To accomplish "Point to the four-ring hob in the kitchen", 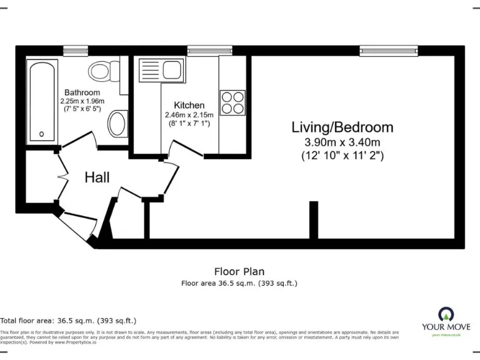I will [232, 102].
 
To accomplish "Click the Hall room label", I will [97, 177].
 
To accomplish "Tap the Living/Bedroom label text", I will [342, 127].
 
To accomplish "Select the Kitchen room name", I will [189, 105].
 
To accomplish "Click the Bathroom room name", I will [82, 92].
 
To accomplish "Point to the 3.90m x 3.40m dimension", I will [342, 142].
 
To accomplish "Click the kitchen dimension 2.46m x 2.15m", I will [189, 115].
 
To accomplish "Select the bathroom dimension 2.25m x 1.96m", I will [82, 101].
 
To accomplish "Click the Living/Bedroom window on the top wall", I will [389, 50].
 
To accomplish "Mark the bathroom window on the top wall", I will [76, 50].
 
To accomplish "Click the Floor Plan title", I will [239, 271].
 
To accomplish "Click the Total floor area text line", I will [68, 320].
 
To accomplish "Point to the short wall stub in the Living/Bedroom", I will [313, 219].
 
